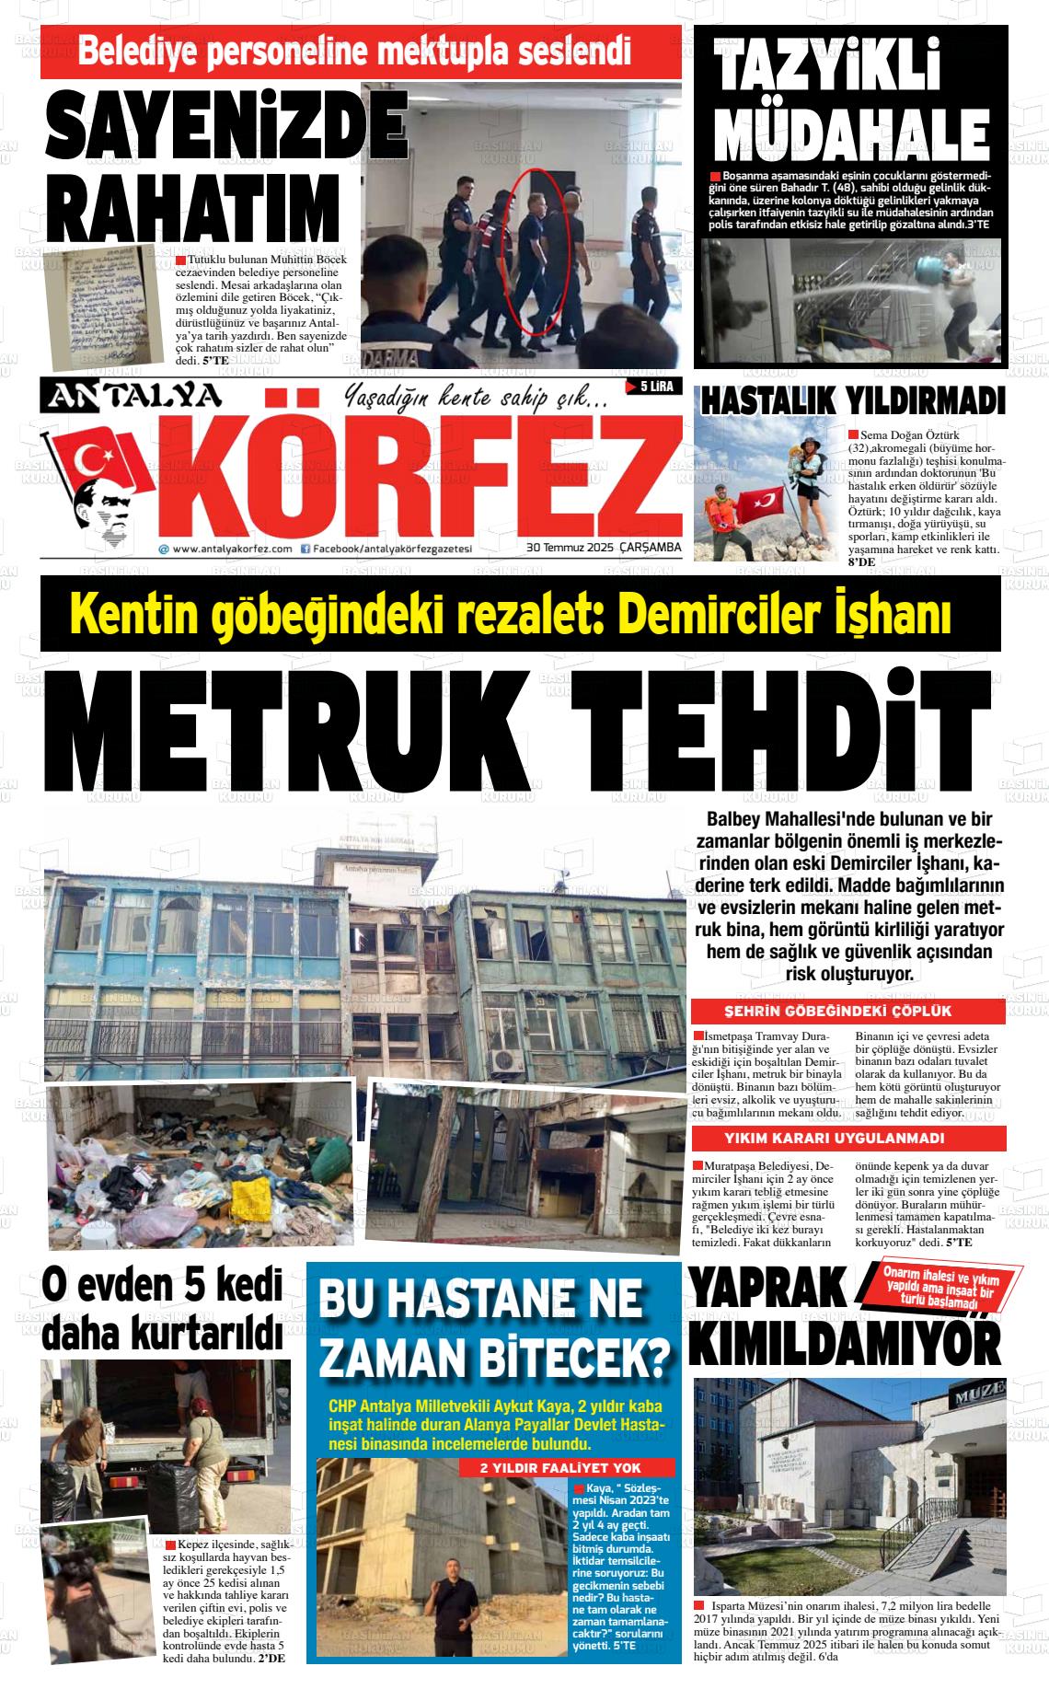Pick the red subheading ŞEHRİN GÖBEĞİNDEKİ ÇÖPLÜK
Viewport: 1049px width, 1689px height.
[850, 1012]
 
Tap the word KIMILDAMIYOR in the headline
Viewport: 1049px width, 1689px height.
[845, 1347]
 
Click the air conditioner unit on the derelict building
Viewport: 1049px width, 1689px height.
[506, 1059]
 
